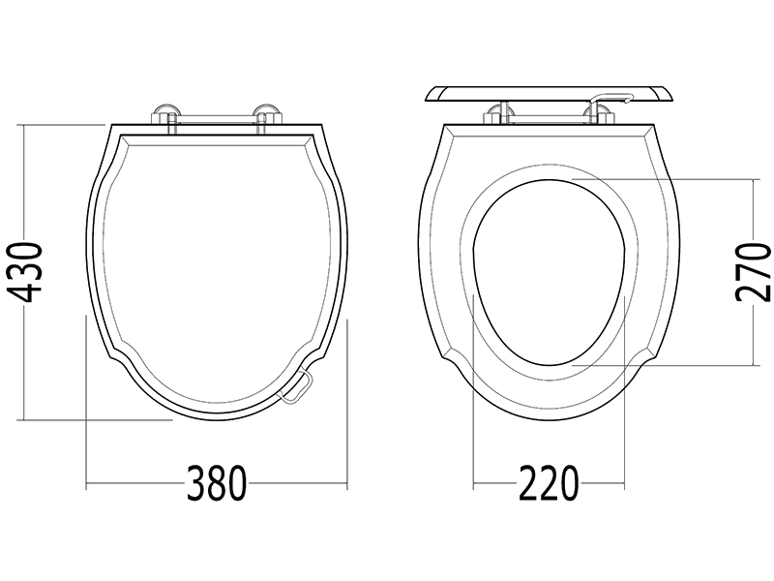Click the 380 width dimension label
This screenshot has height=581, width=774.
(216, 482)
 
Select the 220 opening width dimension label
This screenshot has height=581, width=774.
(549, 482)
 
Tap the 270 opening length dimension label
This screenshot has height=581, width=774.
(753, 271)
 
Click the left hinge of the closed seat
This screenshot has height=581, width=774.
(166, 117)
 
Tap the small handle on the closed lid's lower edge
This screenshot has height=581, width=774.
(295, 388)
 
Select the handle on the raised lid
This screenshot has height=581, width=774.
(612, 99)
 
